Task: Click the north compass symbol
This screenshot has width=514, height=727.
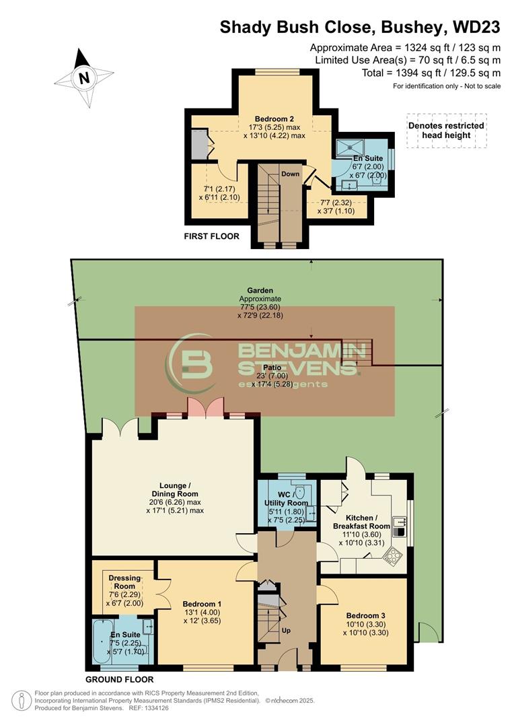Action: click(x=84, y=78)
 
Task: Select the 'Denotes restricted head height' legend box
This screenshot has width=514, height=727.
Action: click(x=446, y=130)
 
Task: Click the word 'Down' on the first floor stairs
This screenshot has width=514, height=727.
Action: click(x=291, y=174)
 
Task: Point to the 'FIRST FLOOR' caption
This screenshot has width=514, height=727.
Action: click(x=212, y=236)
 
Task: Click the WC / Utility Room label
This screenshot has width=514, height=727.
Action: click(x=288, y=503)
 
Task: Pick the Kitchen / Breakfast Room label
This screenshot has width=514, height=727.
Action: click(x=362, y=522)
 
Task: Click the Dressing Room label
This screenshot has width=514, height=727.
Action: click(x=124, y=582)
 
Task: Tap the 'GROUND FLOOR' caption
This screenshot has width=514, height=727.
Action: click(x=120, y=679)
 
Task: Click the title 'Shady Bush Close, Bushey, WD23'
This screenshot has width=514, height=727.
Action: click(x=361, y=28)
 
